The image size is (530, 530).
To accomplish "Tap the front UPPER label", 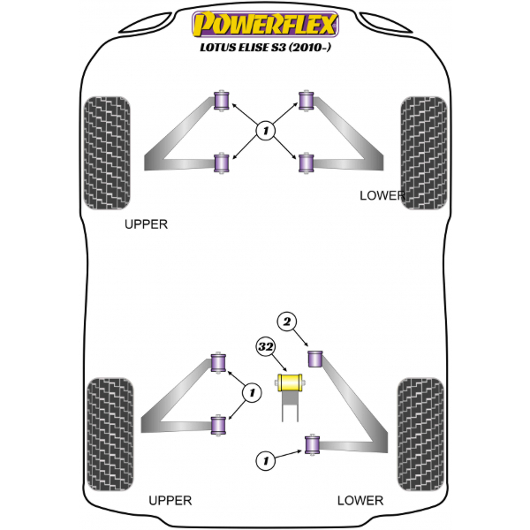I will click(x=146, y=224).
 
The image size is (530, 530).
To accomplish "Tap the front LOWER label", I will click(x=382, y=194).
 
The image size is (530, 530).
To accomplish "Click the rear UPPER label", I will click(x=170, y=500).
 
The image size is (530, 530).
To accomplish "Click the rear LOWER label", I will click(x=360, y=500).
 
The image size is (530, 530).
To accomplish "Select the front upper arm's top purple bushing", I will click(x=223, y=100).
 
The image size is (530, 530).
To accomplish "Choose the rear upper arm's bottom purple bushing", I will click(x=222, y=426).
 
